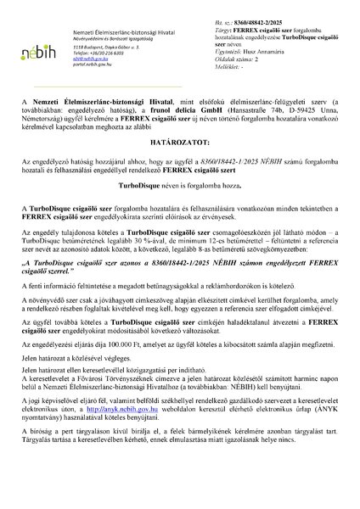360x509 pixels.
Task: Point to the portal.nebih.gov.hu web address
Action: (x=94, y=68)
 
